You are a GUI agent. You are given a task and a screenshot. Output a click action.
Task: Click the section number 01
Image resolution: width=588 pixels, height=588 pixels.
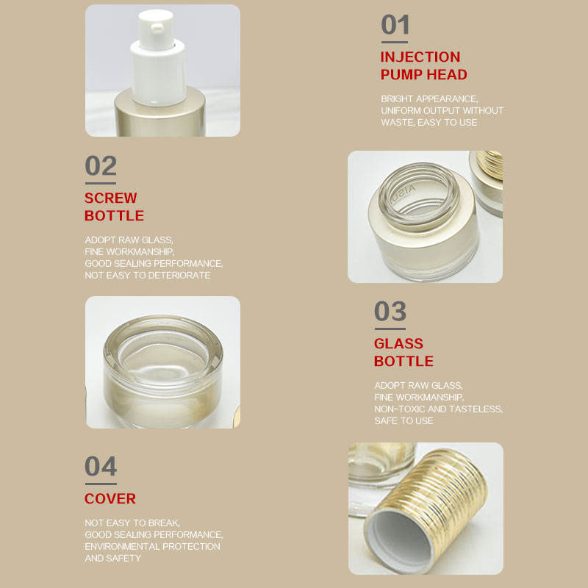(395, 25)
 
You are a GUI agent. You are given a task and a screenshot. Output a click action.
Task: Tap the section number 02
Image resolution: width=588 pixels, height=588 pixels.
(101, 166)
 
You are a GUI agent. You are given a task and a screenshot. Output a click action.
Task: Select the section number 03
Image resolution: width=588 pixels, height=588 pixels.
(390, 311)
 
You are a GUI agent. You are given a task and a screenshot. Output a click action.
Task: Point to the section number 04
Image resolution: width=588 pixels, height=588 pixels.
(101, 466)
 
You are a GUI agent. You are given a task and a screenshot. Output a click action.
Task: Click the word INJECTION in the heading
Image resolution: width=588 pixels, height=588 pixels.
(420, 57)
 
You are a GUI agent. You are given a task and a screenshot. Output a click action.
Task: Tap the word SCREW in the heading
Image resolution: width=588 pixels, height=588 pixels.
(111, 198)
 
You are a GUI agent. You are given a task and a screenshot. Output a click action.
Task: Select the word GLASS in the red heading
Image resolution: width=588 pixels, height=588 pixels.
(398, 343)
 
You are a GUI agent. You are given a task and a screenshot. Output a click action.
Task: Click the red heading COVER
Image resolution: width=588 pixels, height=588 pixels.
(110, 499)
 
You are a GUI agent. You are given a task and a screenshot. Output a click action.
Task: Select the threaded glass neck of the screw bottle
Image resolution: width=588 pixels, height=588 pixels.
(419, 196)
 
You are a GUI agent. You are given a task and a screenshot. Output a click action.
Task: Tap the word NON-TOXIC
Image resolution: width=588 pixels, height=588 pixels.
(399, 409)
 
